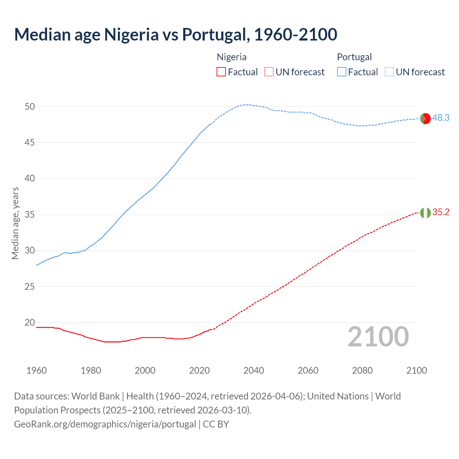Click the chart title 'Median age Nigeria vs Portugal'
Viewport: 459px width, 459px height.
pyautogui.click(x=175, y=34)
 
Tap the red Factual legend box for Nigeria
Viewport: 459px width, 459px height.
pyautogui.click(x=221, y=72)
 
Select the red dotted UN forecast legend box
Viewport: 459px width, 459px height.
pyautogui.click(x=269, y=72)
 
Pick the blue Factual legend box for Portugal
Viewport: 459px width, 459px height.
pyautogui.click(x=341, y=72)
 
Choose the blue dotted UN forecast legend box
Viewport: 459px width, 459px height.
pyautogui.click(x=389, y=72)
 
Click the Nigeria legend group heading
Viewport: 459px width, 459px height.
pyautogui.click(x=232, y=57)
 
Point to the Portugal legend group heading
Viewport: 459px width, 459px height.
pyautogui.click(x=354, y=57)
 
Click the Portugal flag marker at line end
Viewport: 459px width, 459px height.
pyautogui.click(x=425, y=118)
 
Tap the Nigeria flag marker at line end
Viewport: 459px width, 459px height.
pyautogui.click(x=425, y=213)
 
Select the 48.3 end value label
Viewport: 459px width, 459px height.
pyautogui.click(x=441, y=118)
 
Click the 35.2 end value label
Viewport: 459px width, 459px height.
pyautogui.click(x=441, y=212)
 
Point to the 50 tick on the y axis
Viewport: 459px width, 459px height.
pyautogui.click(x=30, y=107)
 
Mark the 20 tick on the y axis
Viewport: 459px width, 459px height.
pyautogui.click(x=30, y=322)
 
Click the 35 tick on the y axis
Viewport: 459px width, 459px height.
pyautogui.click(x=30, y=214)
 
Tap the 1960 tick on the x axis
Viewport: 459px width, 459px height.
pyautogui.click(x=37, y=370)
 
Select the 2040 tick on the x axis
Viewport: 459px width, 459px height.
pyautogui.click(x=254, y=370)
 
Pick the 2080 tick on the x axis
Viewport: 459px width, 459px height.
pyautogui.click(x=362, y=370)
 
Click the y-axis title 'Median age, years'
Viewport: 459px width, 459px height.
pyautogui.click(x=15, y=223)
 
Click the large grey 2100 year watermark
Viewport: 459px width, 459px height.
pyautogui.click(x=378, y=336)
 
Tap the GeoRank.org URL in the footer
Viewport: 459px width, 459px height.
pyautogui.click(x=105, y=424)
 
